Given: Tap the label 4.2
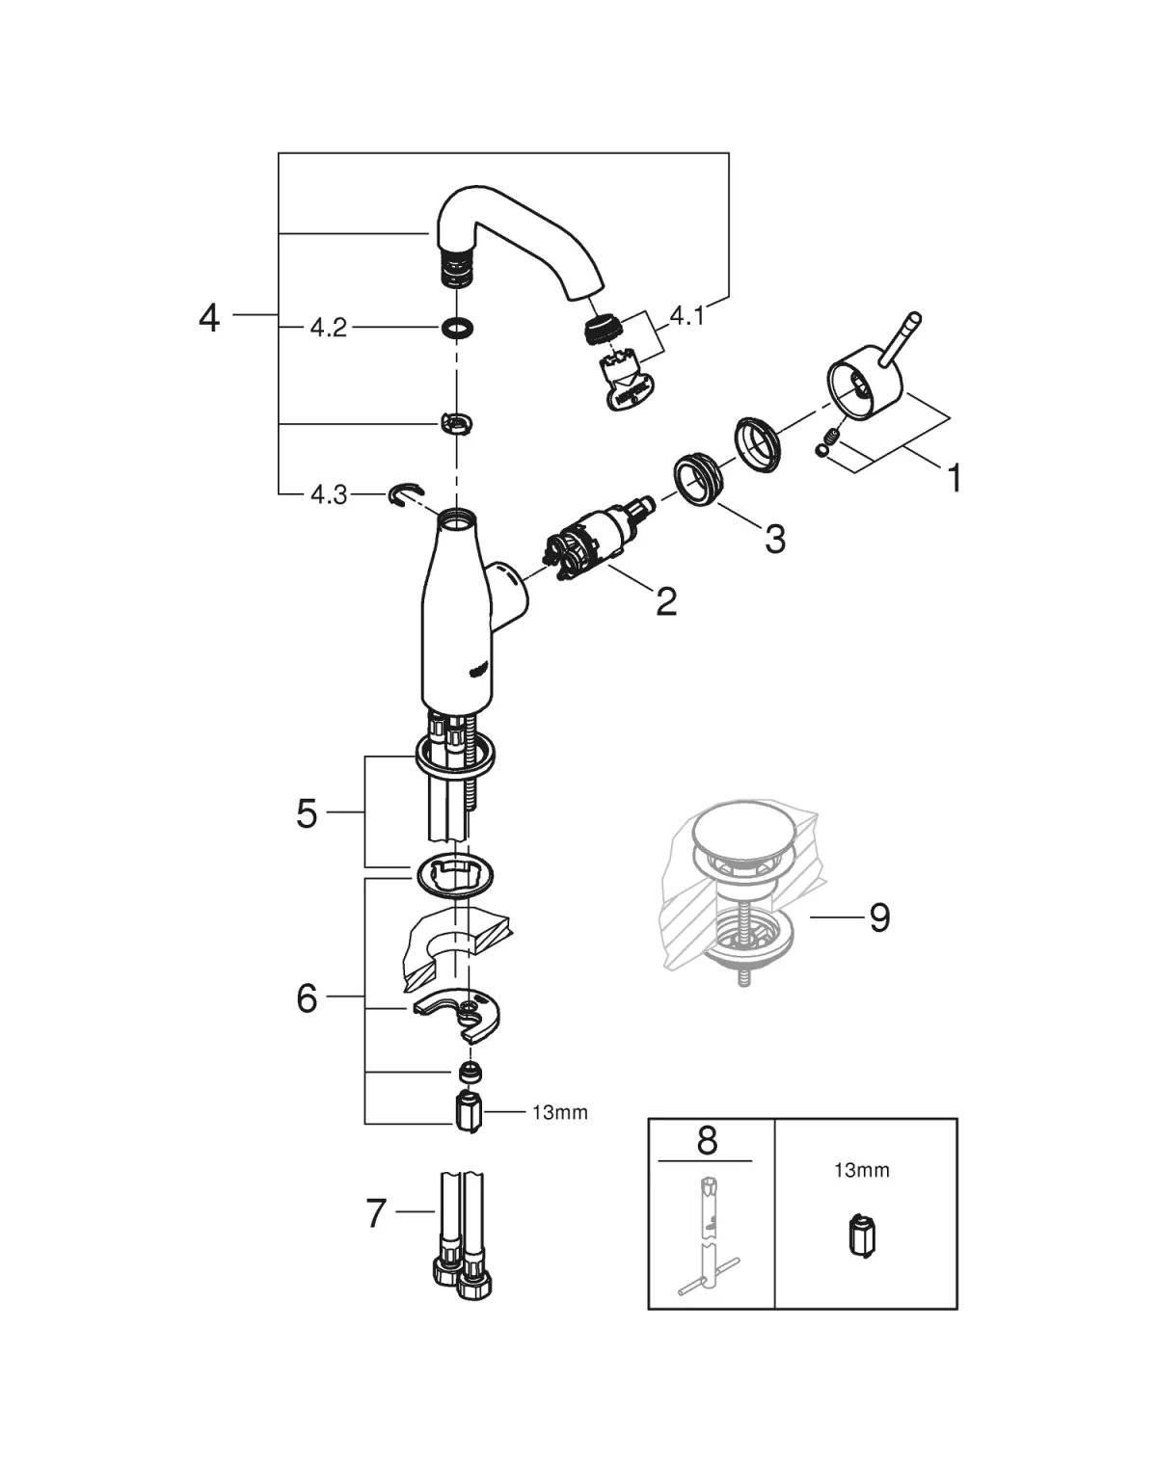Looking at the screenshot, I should [328, 329].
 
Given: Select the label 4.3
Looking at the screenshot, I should [328, 494].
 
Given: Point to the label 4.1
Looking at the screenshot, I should [686, 315].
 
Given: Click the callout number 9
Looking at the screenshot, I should [878, 917].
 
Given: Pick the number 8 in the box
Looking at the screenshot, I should [707, 1142].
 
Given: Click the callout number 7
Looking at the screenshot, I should [376, 1212].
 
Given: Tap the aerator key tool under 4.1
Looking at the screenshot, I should [627, 384].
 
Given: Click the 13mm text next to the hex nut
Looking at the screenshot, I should [559, 1112].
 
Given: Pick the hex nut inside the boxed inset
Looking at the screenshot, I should [862, 1237].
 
